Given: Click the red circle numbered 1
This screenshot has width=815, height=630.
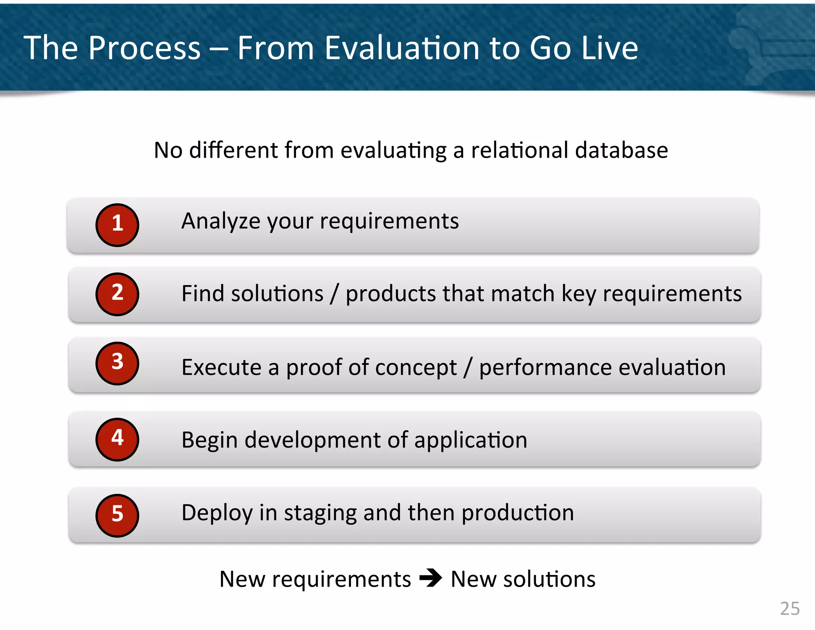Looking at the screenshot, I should click(117, 225).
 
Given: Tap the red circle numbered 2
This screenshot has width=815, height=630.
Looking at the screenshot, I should click(117, 294).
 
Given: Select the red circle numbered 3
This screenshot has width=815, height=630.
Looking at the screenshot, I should click(117, 363).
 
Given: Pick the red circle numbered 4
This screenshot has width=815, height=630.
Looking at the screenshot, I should click(117, 439).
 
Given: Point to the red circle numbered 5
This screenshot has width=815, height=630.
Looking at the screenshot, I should click(117, 515).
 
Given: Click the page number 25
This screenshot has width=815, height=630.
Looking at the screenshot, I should click(790, 608).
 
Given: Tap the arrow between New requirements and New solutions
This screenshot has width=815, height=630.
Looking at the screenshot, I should click(431, 578).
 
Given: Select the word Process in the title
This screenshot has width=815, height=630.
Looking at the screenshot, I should click(144, 48).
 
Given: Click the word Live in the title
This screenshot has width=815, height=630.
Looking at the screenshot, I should click(609, 48).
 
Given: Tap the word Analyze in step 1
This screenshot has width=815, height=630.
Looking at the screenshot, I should click(220, 221).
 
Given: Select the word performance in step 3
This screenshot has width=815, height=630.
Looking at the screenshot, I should click(545, 367).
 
